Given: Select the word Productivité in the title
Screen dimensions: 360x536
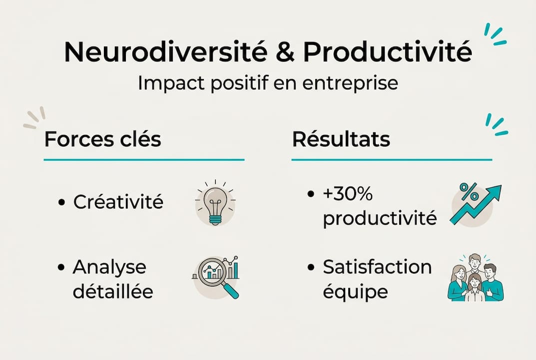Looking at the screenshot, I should point(388,51).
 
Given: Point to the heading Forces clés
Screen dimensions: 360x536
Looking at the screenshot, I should point(102,139).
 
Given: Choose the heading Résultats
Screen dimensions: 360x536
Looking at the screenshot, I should point(341,139).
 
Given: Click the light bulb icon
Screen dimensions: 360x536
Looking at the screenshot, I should point(215,202).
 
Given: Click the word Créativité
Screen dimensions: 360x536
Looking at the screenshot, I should point(118,202).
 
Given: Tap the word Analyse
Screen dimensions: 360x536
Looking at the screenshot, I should point(109,267).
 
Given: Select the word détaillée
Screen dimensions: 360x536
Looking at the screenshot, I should point(113,291).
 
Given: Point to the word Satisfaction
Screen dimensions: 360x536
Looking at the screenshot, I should point(377,267).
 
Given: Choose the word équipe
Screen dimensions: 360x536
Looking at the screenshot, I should point(355,292).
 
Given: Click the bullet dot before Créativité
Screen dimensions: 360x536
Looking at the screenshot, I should point(62,202).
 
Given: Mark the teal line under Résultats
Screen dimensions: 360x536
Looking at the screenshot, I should point(392,160).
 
